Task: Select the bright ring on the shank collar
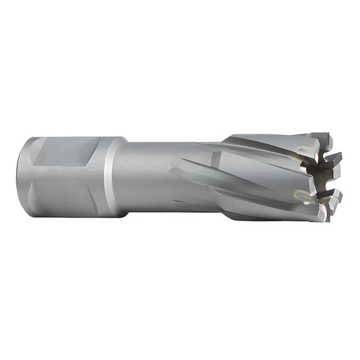[110, 177]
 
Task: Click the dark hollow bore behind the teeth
[317, 177]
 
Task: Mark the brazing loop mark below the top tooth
[305, 152]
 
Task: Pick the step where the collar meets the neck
[126, 177]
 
